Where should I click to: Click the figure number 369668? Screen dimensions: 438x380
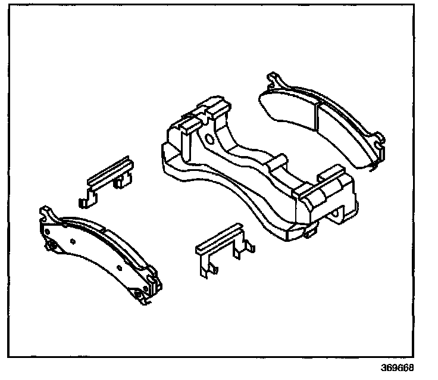tap(398, 367)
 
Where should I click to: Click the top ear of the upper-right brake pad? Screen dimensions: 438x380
tap(274, 80)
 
